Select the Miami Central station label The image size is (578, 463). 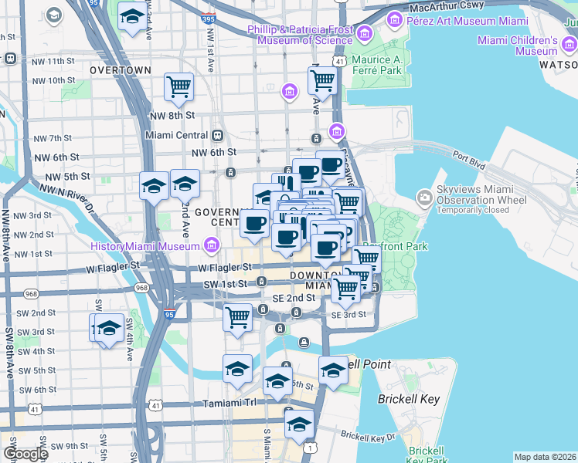pos(177,135)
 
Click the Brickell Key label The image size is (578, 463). pos(408,399)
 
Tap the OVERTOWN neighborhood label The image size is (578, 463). pos(120,70)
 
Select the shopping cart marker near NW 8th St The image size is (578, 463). pos(179,88)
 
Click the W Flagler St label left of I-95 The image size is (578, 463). pos(115,265)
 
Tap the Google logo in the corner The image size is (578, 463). pos(26,454)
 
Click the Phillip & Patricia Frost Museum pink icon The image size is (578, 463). pos(363,33)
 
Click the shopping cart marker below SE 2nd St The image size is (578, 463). pos(237,316)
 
